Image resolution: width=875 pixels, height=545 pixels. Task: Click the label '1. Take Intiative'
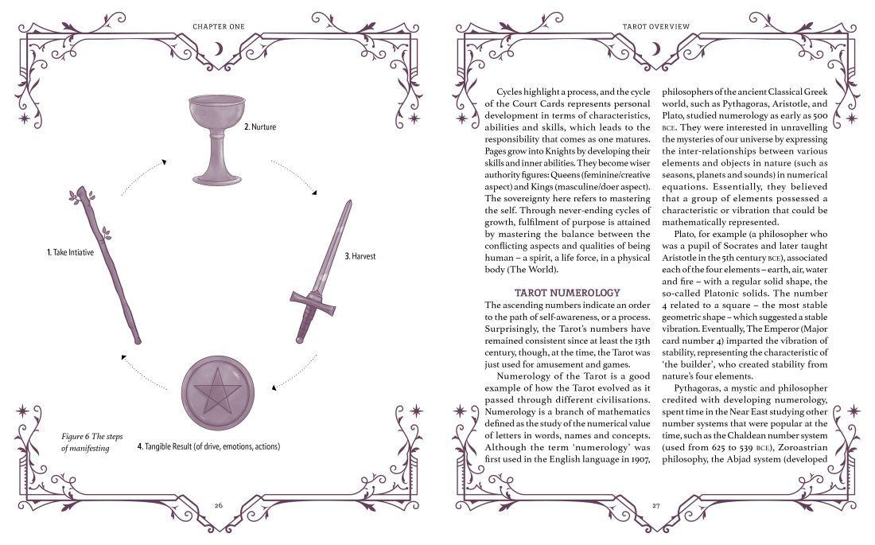click(x=72, y=252)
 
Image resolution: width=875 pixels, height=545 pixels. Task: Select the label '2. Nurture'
click(x=260, y=127)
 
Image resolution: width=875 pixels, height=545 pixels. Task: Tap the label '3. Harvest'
click(x=360, y=256)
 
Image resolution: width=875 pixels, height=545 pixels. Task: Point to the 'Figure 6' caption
click(x=85, y=442)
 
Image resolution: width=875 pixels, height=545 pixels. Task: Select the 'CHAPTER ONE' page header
click(x=218, y=26)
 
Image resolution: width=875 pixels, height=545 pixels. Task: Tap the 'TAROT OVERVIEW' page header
click(x=655, y=26)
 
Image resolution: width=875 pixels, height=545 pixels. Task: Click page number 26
click(x=218, y=504)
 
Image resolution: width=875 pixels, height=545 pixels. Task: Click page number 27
click(x=655, y=504)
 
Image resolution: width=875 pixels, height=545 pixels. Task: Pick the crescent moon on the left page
click(x=218, y=49)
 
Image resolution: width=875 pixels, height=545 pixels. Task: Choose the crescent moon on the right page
click(x=655, y=49)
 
